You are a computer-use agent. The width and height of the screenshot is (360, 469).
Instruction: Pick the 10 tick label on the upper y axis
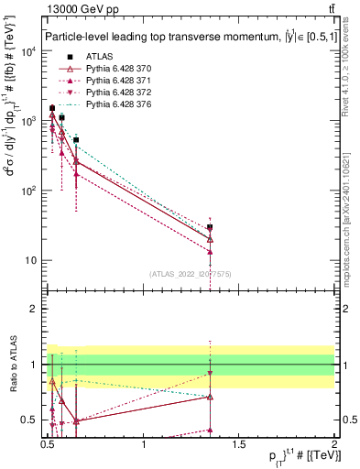[x=32, y=260]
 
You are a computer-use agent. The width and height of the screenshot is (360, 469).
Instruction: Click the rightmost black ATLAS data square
[x=210, y=227]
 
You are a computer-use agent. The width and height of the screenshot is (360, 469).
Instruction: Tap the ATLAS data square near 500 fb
[x=76, y=140]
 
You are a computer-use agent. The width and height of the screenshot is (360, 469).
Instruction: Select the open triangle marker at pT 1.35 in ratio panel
[x=210, y=397]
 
